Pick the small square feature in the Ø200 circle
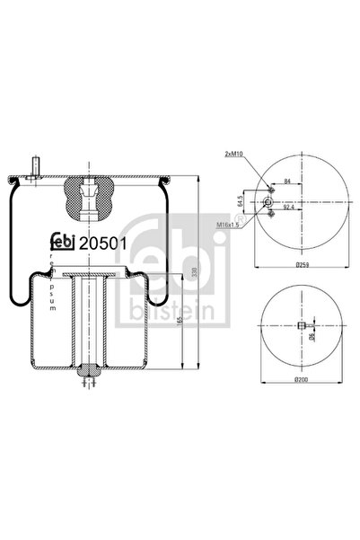(x=303, y=325)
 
